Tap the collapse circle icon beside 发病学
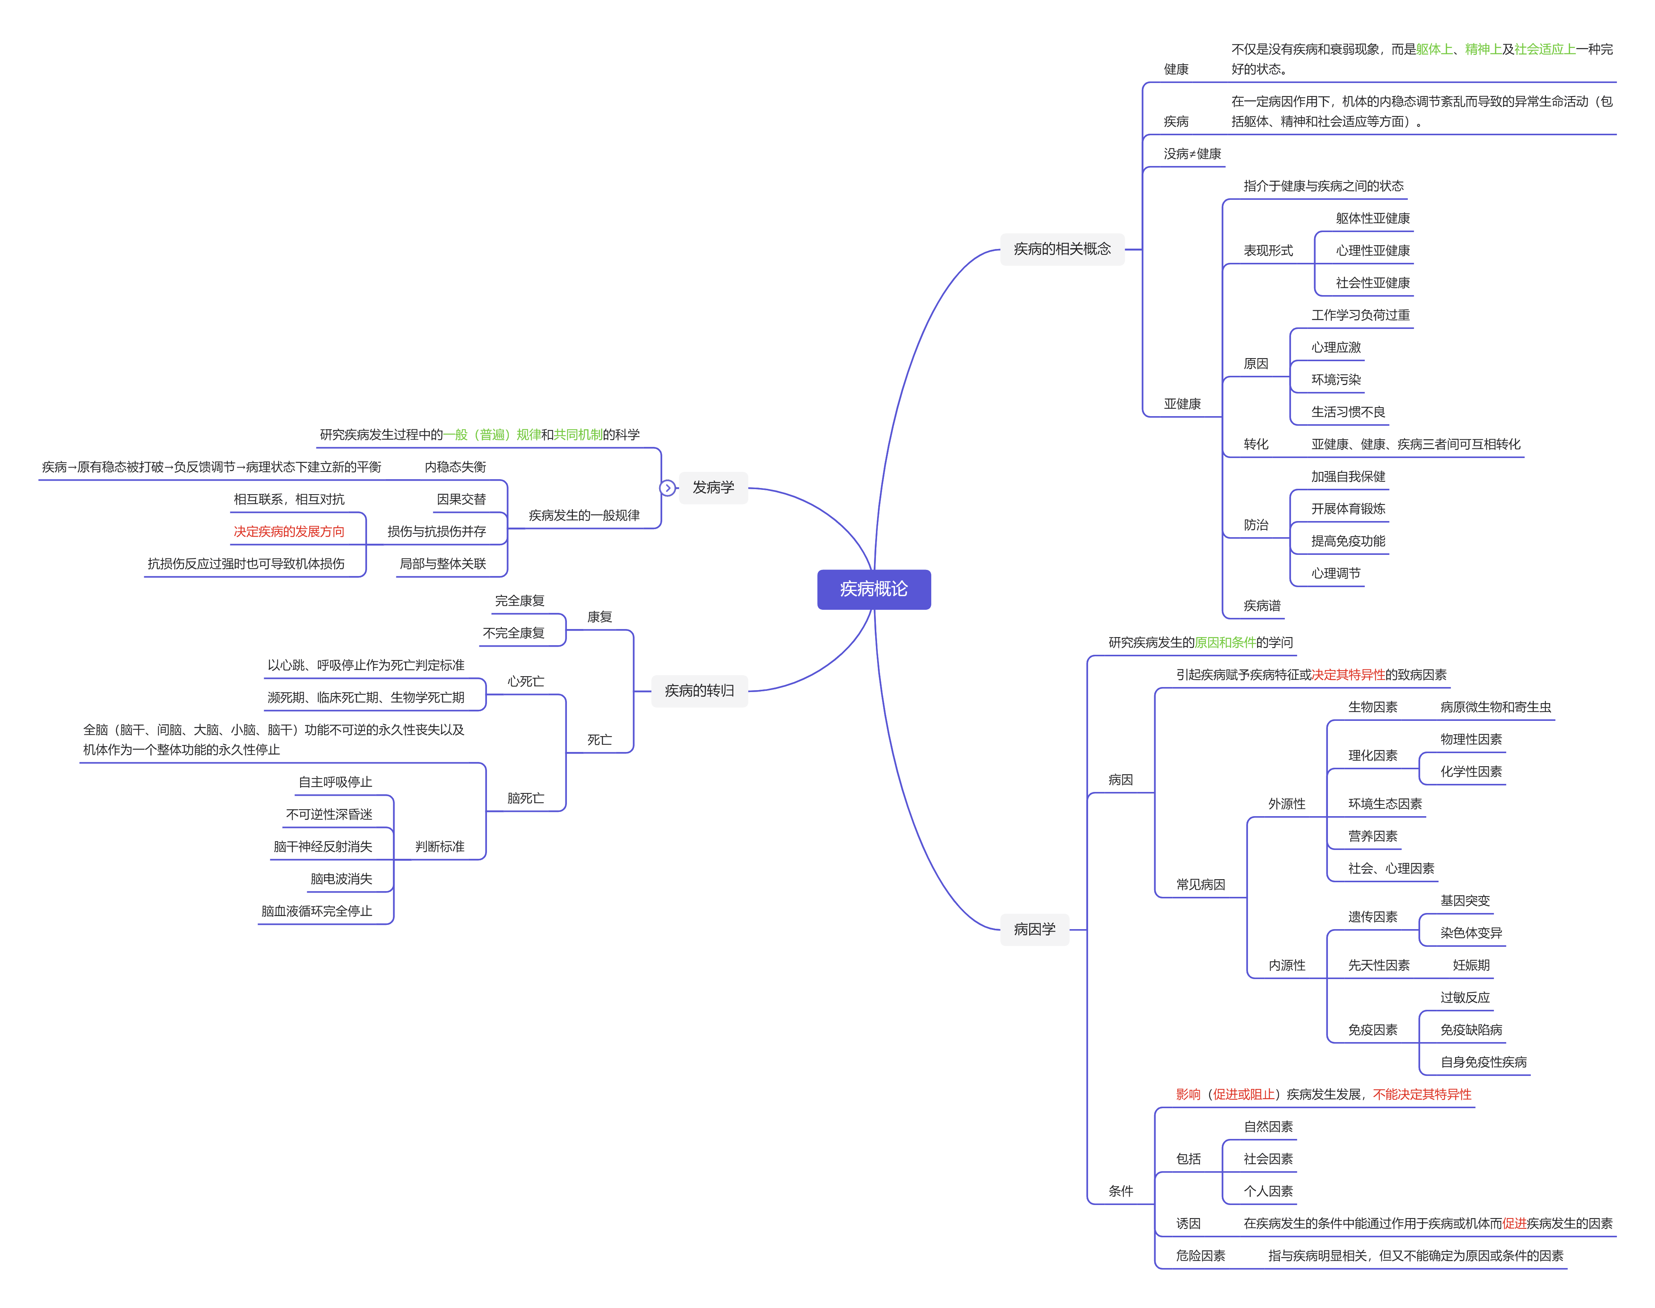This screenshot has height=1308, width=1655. coord(667,488)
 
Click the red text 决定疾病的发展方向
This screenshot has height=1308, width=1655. coord(289,531)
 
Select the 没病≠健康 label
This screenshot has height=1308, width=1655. coord(1191,154)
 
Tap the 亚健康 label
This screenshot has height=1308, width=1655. coord(1182,403)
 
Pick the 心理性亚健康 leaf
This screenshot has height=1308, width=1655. coord(1373,251)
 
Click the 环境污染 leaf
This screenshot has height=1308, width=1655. coord(1336,380)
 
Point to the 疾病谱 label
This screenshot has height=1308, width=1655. coord(1261,606)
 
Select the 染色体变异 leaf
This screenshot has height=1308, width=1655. coord(1471,933)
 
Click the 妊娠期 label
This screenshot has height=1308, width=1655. coord(1471,965)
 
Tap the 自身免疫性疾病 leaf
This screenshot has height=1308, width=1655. coord(1483,1062)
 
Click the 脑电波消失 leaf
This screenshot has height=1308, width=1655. coord(341,879)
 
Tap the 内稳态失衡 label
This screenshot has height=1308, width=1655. coord(455,467)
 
